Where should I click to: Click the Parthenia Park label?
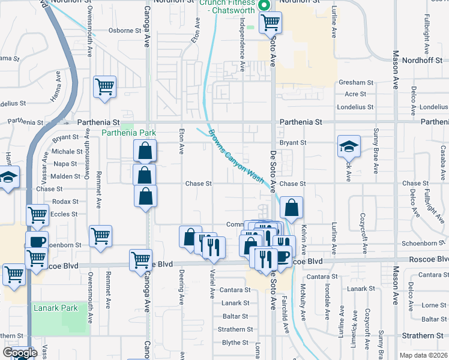coord(129,132)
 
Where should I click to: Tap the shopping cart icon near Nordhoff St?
coord(271,23)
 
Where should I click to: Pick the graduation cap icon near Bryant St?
coord(348,146)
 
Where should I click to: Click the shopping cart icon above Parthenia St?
coord(104,87)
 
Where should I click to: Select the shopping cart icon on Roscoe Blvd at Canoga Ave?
coord(140,260)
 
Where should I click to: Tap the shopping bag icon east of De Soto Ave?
coord(291,208)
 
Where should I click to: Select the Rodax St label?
coord(65,202)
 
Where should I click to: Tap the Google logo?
coord(20,353)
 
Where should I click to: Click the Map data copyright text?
coord(423,355)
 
